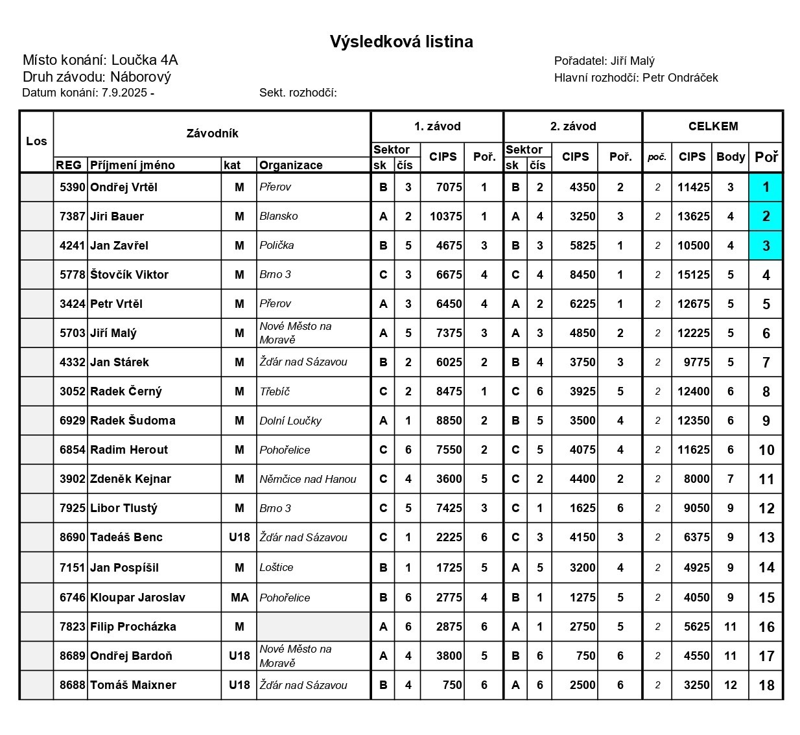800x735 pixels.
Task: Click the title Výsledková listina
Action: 401,42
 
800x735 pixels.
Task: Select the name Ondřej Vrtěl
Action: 124,187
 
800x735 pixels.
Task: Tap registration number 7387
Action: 72,216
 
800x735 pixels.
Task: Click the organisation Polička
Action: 276,245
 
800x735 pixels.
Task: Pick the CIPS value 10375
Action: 445,216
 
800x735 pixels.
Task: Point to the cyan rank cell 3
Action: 766,246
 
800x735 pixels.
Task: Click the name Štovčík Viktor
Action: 129,275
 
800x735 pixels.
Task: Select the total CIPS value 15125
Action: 693,275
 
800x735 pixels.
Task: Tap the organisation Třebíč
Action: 274,391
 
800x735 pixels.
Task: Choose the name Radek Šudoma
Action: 132,421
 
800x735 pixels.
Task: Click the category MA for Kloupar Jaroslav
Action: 239,598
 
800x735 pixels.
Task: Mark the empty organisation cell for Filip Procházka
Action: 313,627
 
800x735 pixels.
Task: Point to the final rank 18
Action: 766,685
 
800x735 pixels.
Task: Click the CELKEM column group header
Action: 712,126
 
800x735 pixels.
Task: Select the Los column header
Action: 36,141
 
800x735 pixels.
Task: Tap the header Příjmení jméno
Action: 132,165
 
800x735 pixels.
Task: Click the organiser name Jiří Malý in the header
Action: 632,61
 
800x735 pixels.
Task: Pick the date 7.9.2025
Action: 124,93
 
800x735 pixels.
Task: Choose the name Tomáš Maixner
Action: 133,685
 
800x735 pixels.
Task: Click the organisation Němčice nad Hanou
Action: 307,479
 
